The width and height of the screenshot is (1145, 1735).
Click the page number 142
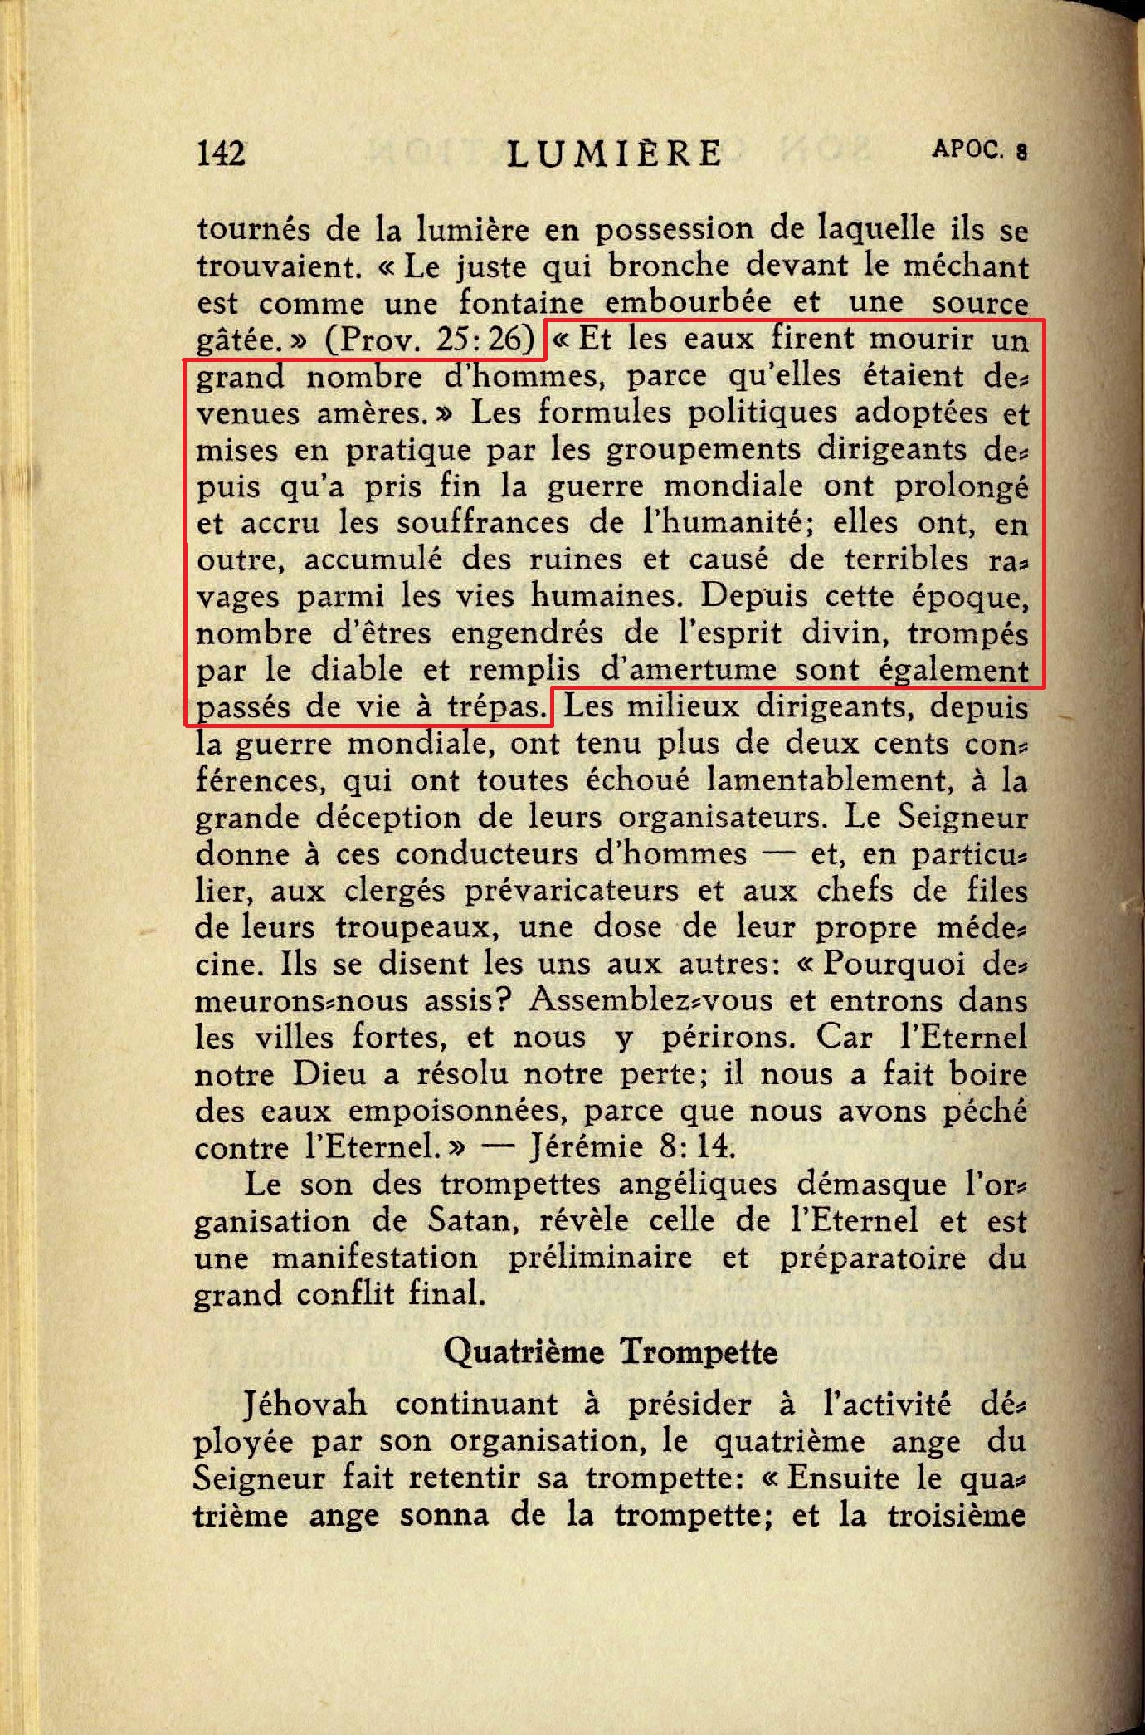click(221, 154)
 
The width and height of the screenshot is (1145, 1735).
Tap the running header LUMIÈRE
click(614, 154)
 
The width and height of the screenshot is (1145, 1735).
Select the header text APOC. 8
click(979, 149)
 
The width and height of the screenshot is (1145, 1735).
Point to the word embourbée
click(688, 302)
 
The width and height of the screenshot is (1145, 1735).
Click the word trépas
click(497, 707)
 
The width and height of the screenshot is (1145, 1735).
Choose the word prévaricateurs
click(572, 891)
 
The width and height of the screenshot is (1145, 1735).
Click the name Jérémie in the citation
click(586, 1147)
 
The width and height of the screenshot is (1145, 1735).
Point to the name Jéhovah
click(305, 1404)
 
